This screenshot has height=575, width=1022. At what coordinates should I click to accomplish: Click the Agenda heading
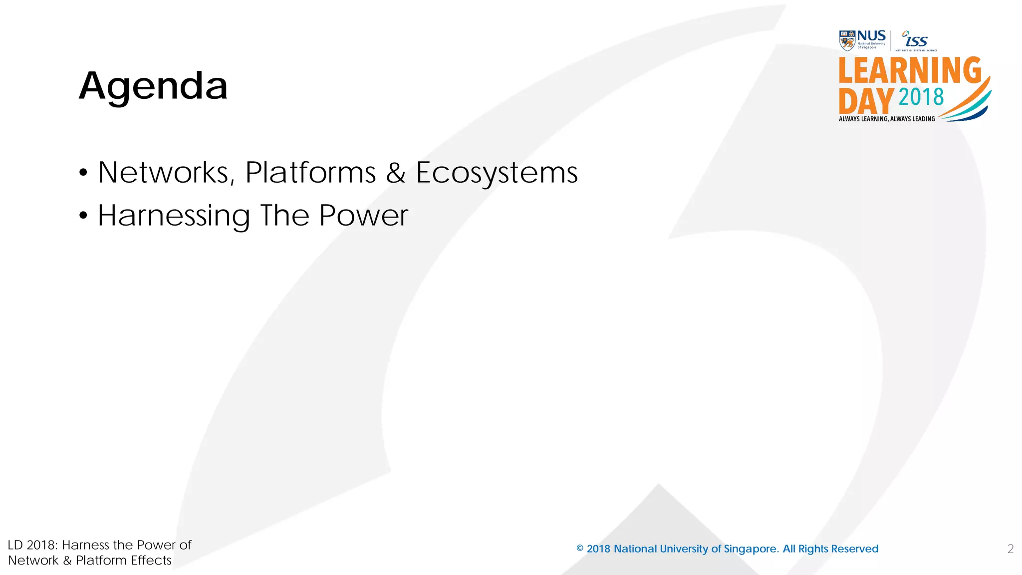coord(153,86)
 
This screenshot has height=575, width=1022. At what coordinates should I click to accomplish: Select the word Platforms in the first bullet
coord(310,173)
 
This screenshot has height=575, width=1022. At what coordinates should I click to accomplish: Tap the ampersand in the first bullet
coord(395,173)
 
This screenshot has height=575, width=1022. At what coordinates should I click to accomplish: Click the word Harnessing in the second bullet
coord(174,216)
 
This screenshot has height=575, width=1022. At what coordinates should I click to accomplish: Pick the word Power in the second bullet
coord(363,216)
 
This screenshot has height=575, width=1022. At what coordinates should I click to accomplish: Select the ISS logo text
coord(916,40)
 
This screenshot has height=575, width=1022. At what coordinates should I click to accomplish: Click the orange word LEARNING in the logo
coord(910,70)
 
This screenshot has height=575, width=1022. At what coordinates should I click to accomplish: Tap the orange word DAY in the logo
coord(866,101)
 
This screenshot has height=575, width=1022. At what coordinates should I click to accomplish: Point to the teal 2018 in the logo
coord(921,97)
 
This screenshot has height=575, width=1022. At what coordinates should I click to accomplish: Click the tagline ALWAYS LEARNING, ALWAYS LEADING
coord(887,119)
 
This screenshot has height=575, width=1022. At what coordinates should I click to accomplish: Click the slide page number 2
coord(1011,549)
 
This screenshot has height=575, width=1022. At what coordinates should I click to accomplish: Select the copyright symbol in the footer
coord(580,549)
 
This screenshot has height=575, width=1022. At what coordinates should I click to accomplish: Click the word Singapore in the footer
coord(751,549)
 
